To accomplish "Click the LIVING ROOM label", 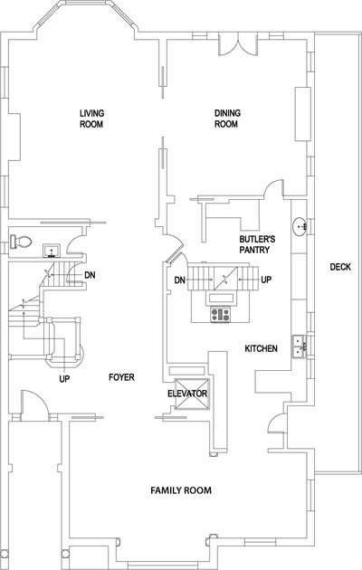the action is (91, 119).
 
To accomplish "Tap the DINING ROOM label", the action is (227, 119).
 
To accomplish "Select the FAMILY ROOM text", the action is (181, 490).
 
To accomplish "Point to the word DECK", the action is (340, 267).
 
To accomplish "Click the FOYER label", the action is (121, 377).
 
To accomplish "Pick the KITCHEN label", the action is (261, 348).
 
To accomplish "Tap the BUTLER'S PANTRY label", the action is (257, 244).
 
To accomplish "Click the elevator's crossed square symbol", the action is (192, 394).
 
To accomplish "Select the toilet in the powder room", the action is (21, 242).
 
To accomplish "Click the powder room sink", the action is (52, 251).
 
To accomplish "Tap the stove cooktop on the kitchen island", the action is (220, 314).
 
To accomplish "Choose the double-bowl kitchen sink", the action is (300, 347).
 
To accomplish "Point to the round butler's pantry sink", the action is (300, 226).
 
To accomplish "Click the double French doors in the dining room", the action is (238, 43).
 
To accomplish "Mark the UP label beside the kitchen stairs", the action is (266, 280).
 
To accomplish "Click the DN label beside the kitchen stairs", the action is (179, 280).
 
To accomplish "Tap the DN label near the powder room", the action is (90, 275).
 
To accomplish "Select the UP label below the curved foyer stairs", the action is (64, 379).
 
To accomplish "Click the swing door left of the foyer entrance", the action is (34, 404).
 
